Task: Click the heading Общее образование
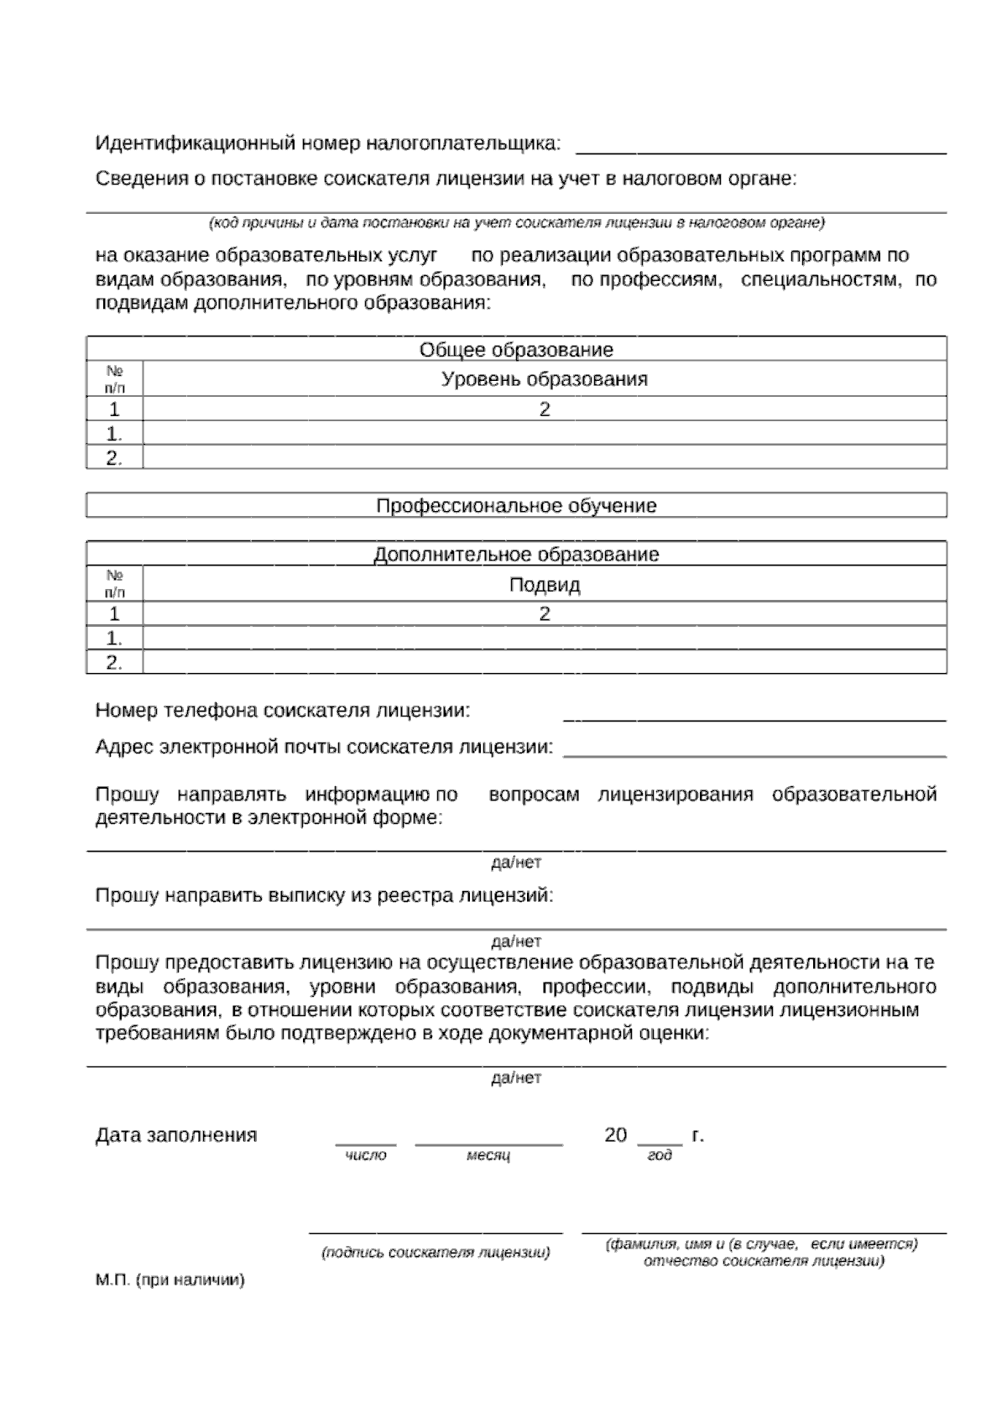pyautogui.click(x=516, y=350)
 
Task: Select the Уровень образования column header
pyautogui.click(x=545, y=379)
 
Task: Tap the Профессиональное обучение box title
pyautogui.click(x=516, y=506)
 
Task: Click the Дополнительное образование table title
pyautogui.click(x=516, y=555)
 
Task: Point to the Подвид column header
pyautogui.click(x=545, y=585)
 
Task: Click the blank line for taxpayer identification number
pyautogui.click(x=760, y=152)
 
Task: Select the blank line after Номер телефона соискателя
pyautogui.click(x=754, y=719)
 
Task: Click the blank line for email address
pyautogui.click(x=754, y=754)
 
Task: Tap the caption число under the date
pyautogui.click(x=366, y=1155)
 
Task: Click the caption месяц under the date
pyautogui.click(x=488, y=1155)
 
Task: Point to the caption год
pyautogui.click(x=660, y=1155)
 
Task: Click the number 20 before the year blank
pyautogui.click(x=615, y=1135)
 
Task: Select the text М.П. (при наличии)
pyautogui.click(x=170, y=1280)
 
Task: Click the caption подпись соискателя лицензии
pyautogui.click(x=436, y=1253)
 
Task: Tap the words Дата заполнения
pyautogui.click(x=176, y=1135)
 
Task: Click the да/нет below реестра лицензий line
pyautogui.click(x=516, y=941)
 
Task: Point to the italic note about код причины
pyautogui.click(x=516, y=223)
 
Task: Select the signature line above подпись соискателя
pyautogui.click(x=436, y=1233)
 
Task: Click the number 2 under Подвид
pyautogui.click(x=545, y=614)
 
